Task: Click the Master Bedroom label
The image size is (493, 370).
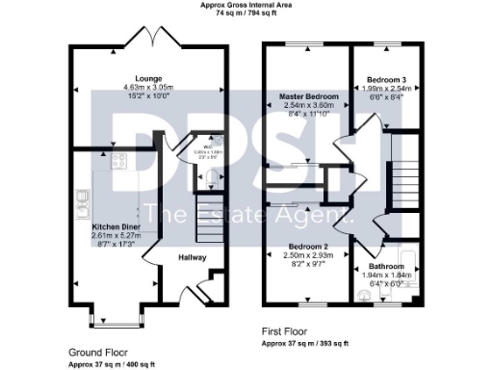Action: pyautogui.click(x=310, y=97)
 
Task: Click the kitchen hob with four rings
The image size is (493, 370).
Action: pyautogui.click(x=120, y=162)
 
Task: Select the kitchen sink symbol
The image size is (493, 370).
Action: pyautogui.click(x=84, y=199)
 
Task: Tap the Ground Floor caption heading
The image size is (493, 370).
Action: pyautogui.click(x=97, y=353)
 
